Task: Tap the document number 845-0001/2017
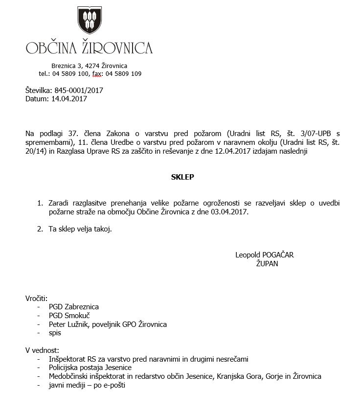[77, 91]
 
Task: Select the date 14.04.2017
[68, 98]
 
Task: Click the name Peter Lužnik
[68, 324]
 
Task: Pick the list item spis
[55, 333]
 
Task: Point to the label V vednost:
[42, 350]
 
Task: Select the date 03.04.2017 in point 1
[230, 212]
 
